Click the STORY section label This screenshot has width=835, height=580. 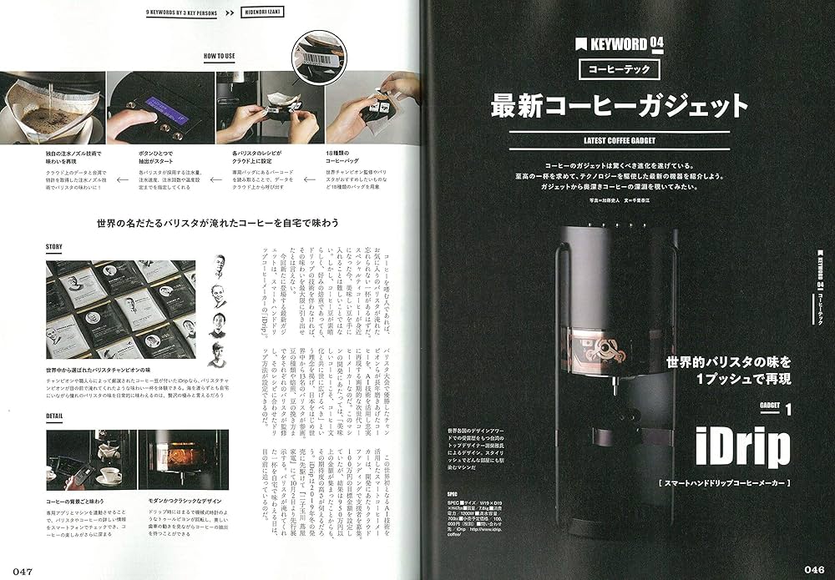55,247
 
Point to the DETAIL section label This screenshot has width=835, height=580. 56,416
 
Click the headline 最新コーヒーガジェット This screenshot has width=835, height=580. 619,106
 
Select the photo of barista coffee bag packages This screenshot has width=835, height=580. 121,309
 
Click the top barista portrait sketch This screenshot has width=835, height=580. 219,269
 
